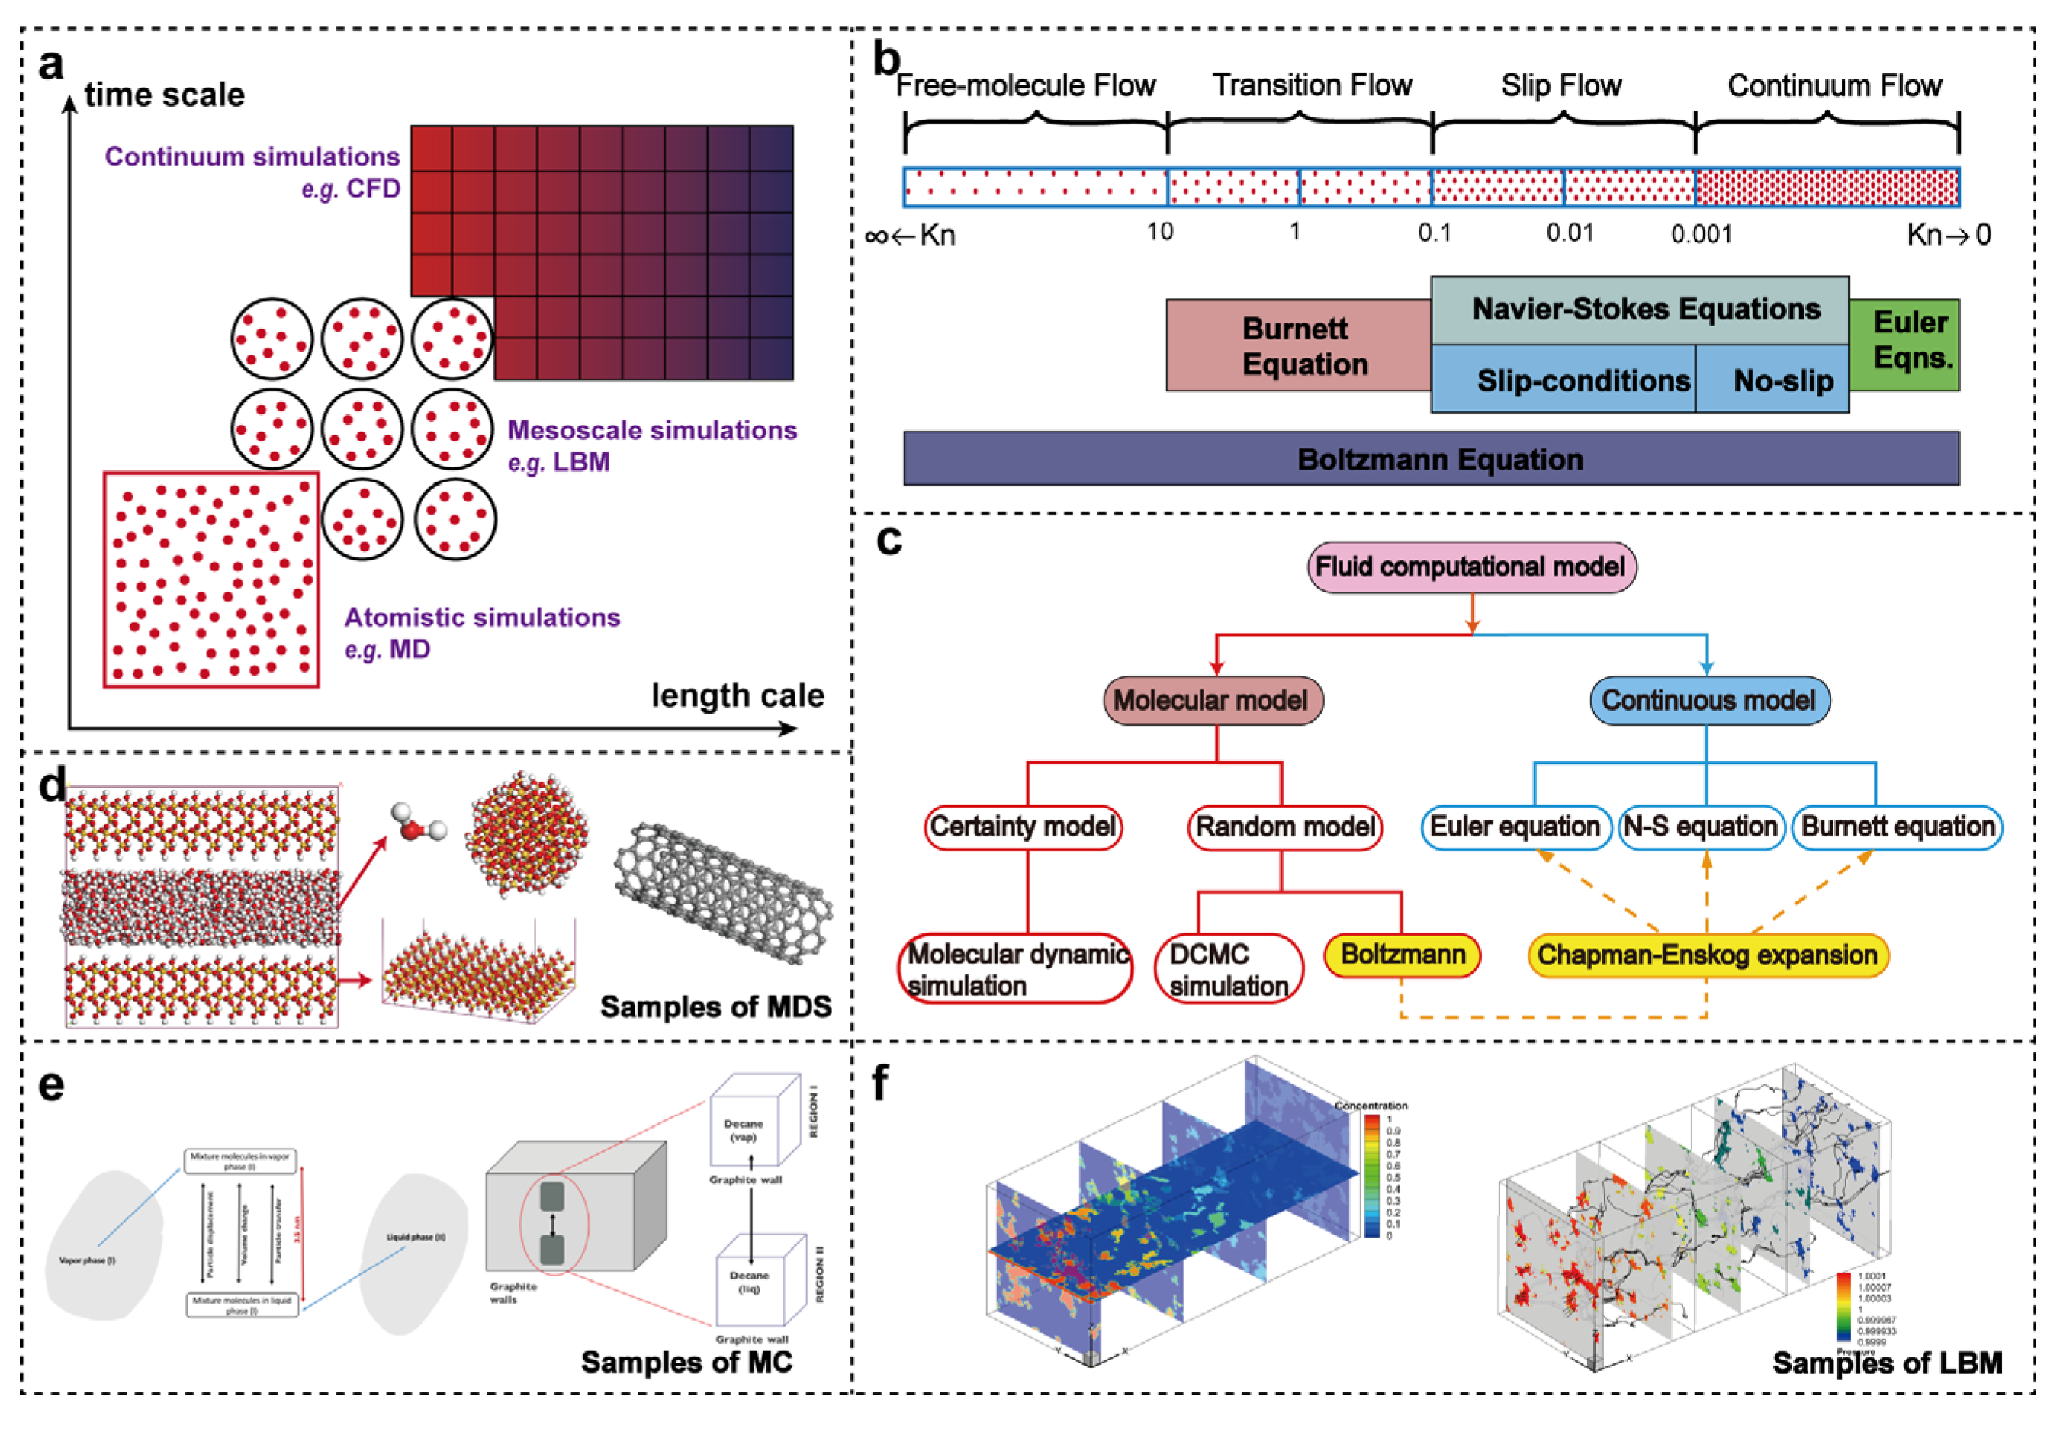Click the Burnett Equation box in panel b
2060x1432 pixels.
tap(1297, 345)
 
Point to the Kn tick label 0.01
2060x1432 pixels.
tap(1570, 233)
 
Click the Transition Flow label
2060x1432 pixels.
tap(1312, 85)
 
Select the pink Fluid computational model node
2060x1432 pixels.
tap(1470, 567)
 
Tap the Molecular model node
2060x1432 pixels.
tap(1212, 701)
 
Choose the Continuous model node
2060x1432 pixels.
tap(1708, 701)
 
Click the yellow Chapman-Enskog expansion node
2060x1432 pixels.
tap(1707, 955)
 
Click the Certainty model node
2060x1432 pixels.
tap(1023, 827)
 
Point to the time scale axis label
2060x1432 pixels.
tap(164, 95)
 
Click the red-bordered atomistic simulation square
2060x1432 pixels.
tap(210, 580)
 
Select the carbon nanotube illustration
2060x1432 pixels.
tap(723, 892)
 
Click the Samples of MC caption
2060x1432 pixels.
tap(686, 1362)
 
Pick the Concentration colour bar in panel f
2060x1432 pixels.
tap(1372, 1177)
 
